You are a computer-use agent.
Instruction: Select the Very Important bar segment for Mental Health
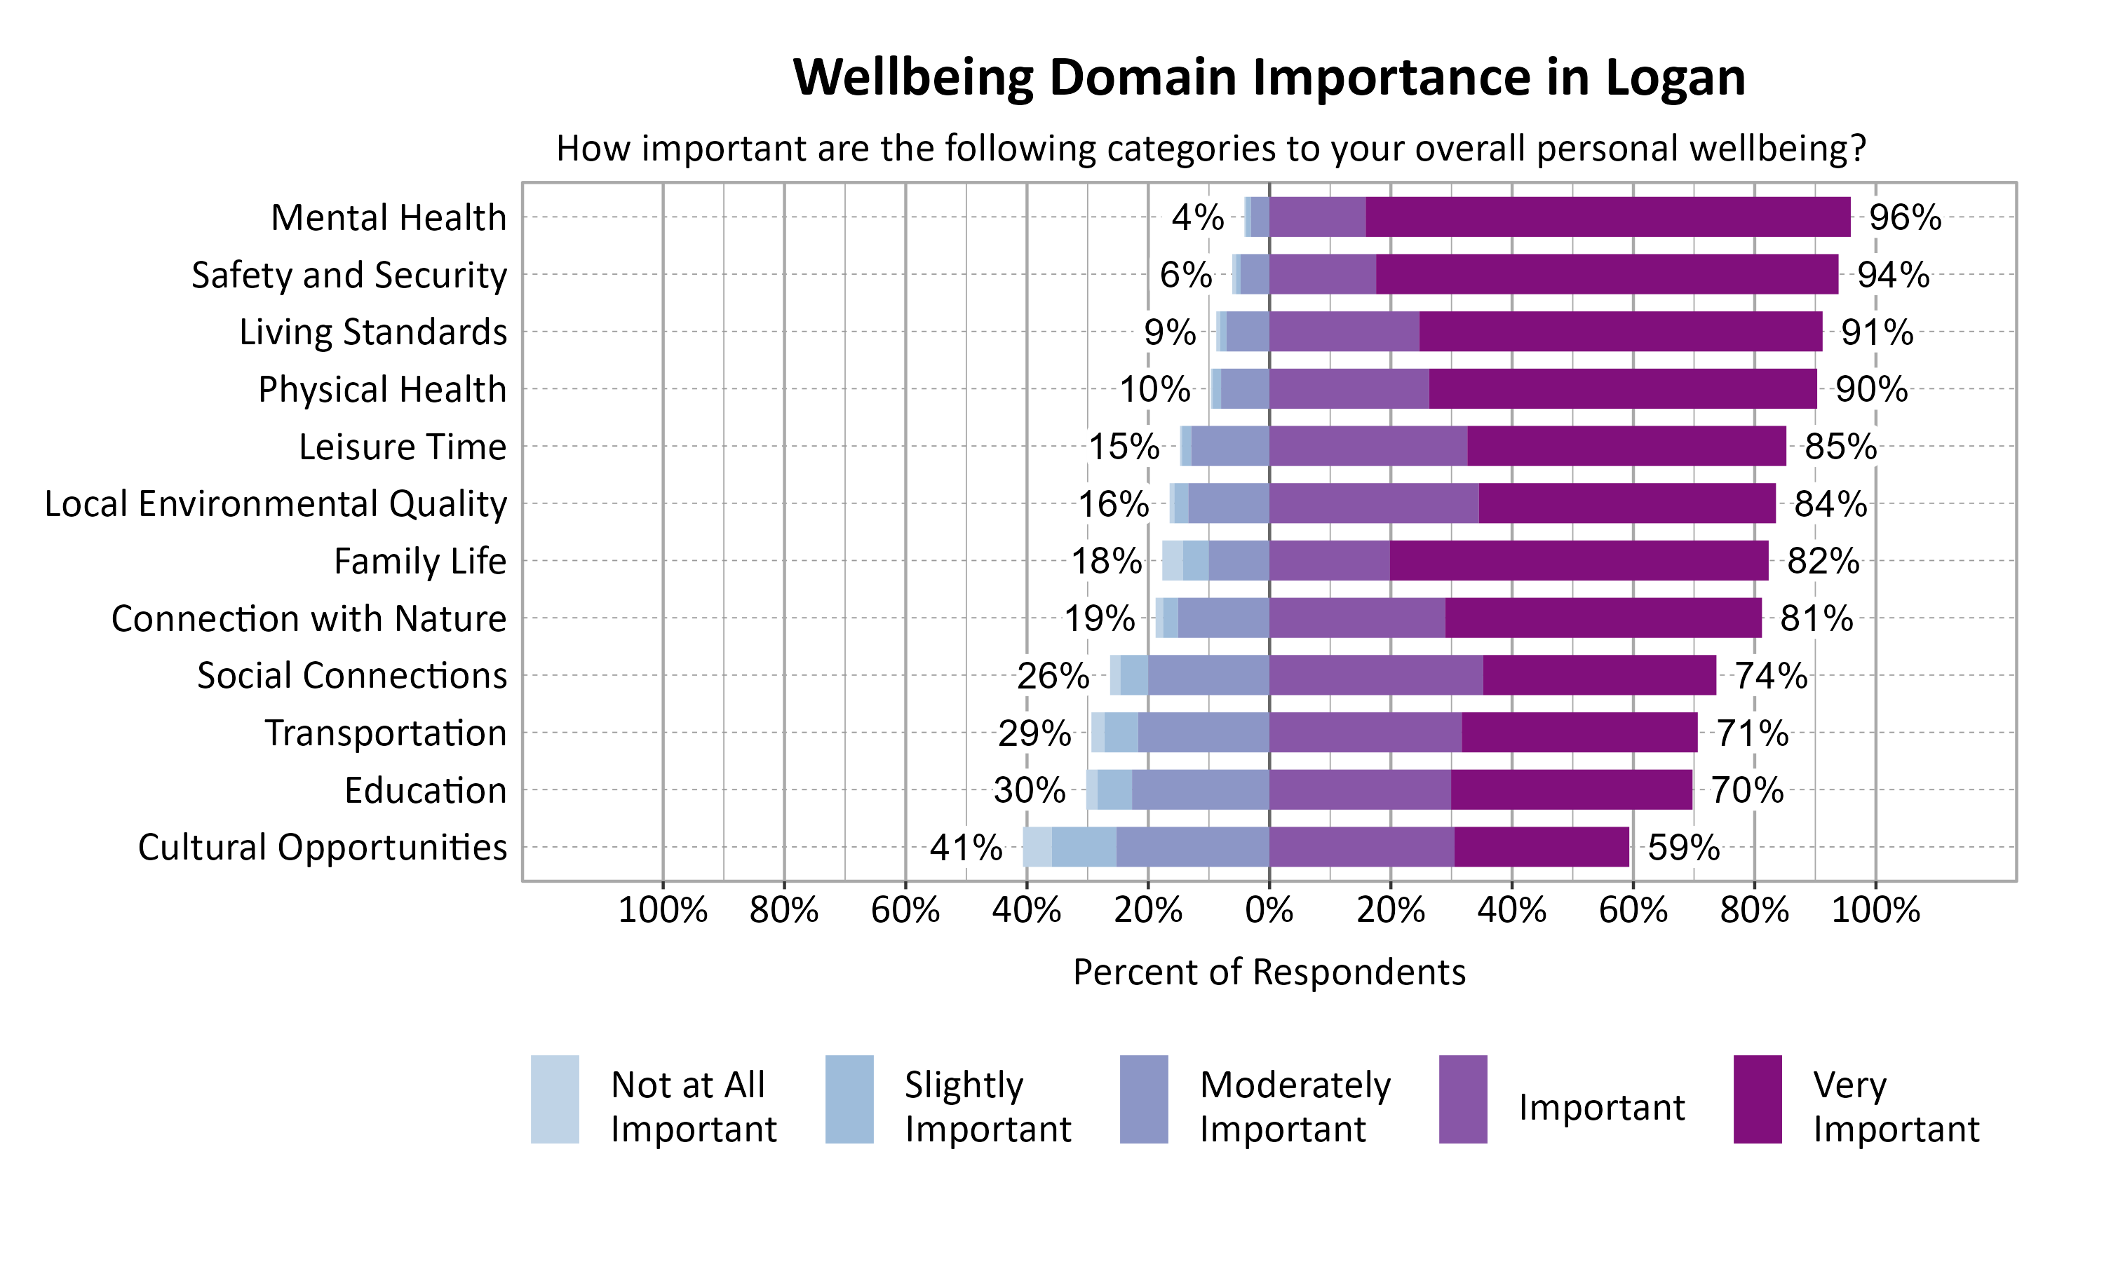click(1607, 217)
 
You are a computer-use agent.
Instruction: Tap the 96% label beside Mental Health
click(1905, 218)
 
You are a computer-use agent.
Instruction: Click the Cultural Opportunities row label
click(323, 848)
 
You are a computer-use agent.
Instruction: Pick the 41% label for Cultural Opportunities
click(966, 848)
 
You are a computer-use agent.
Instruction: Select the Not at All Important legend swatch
click(555, 1099)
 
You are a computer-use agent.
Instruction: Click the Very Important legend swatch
click(1757, 1099)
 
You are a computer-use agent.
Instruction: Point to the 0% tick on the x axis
click(1269, 911)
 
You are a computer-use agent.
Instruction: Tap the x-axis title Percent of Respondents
click(1269, 972)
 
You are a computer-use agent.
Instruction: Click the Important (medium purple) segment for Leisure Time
click(1368, 446)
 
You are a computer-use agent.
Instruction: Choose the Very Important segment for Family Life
click(1579, 560)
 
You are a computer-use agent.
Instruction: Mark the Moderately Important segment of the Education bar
click(1200, 790)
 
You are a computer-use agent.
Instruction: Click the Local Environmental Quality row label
click(276, 503)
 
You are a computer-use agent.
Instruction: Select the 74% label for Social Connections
click(1772, 676)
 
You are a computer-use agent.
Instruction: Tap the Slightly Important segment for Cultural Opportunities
click(1084, 847)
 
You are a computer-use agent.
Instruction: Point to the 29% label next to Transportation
click(1034, 733)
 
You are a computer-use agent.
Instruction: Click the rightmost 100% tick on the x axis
click(1875, 911)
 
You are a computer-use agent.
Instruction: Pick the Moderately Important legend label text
click(1295, 1106)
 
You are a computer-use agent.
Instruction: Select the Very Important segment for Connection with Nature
click(1603, 618)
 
